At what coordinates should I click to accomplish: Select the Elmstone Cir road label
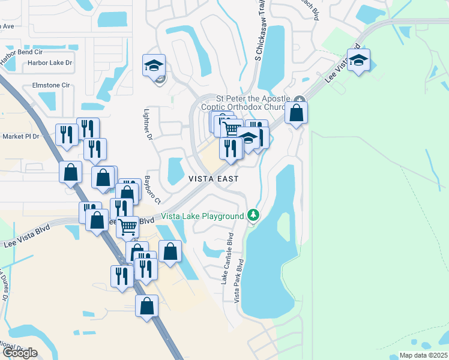pos(51,85)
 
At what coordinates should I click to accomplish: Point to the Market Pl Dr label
pos(20,136)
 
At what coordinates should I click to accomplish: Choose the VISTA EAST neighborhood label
pos(214,179)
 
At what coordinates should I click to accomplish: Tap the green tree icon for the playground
pos(254,215)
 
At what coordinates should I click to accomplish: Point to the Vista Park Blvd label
pos(238,281)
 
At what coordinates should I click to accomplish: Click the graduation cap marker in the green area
pos(358,61)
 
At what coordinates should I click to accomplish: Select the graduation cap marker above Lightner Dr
pos(154,64)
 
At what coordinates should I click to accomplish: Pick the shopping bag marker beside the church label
pos(296,112)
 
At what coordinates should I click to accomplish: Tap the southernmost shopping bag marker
pos(146,306)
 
